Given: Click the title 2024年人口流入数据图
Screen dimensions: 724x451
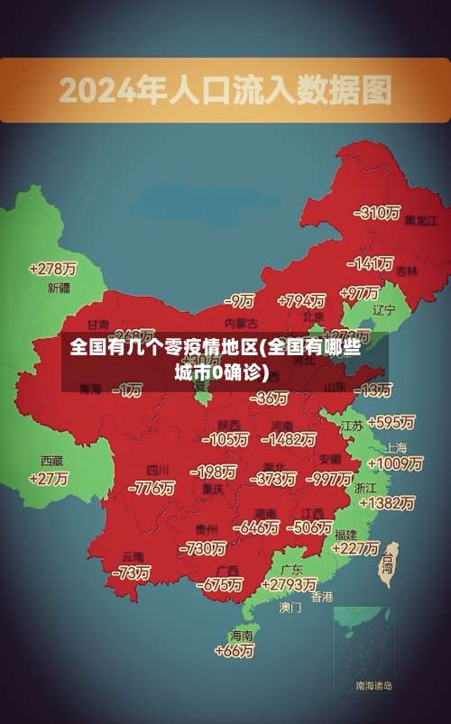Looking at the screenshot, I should tap(225, 89).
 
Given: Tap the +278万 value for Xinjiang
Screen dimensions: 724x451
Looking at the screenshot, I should tap(52, 269).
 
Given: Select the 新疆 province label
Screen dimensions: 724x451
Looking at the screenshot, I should tap(58, 289).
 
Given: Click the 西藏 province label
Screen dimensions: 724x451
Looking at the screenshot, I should tap(51, 460).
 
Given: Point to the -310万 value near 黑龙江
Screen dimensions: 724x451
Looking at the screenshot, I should tap(378, 213).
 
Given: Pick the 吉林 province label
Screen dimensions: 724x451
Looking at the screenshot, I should tap(407, 270).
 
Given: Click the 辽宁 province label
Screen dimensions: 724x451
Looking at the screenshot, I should tap(384, 309).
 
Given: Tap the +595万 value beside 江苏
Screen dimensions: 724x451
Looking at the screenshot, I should tap(391, 422).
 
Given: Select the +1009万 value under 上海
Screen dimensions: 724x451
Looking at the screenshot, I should tap(395, 463).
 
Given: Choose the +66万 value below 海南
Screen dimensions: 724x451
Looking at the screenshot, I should tap(235, 650).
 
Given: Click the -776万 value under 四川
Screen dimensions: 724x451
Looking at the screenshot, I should tap(152, 488).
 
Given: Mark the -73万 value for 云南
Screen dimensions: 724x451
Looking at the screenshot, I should tap(131, 572).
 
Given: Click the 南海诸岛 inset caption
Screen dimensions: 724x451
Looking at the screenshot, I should tap(373, 686).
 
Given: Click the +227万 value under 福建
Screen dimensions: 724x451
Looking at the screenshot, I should tap(354, 547).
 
